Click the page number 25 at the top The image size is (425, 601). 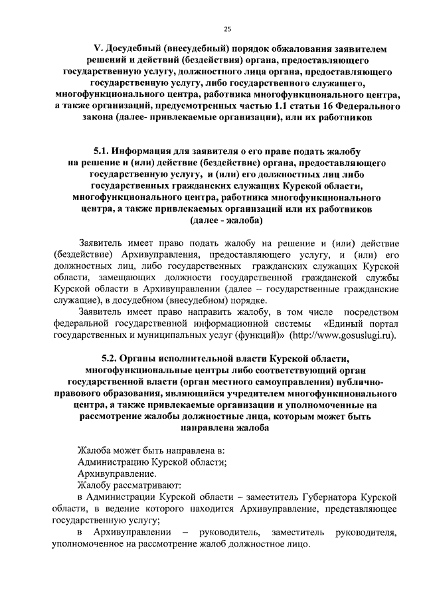pyautogui.click(x=226, y=29)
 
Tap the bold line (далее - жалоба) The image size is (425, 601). pyautogui.click(x=226, y=220)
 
